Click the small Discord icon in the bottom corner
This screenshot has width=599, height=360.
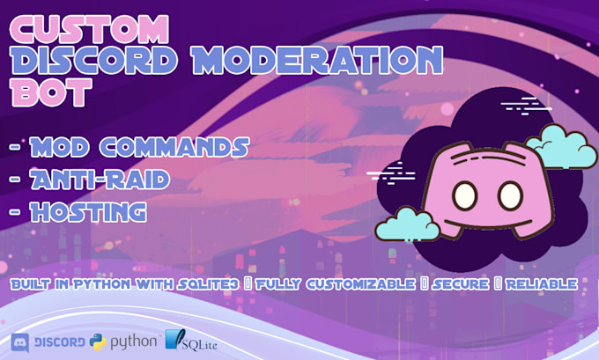pyautogui.click(x=20, y=342)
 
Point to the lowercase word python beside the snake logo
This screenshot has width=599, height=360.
pyautogui.click(x=134, y=341)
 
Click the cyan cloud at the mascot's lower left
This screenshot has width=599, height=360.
pyautogui.click(x=407, y=225)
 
